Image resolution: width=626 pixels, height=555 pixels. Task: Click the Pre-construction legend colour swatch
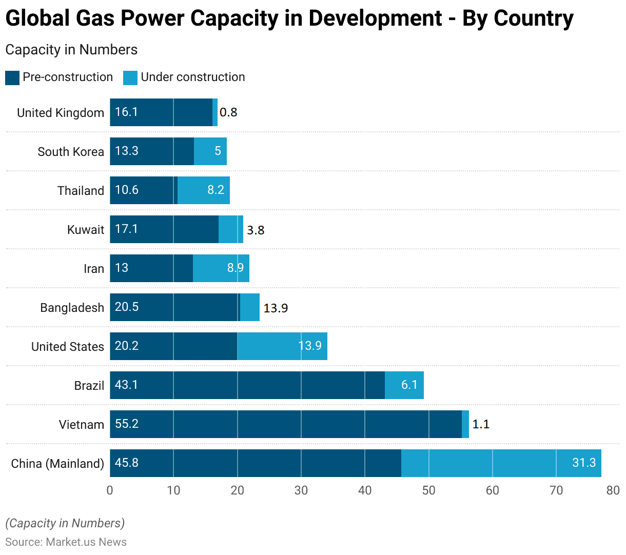pyautogui.click(x=12, y=78)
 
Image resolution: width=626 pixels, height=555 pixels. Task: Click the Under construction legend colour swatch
pyautogui.click(x=130, y=78)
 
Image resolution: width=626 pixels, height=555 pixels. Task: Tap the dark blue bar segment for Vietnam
pyautogui.click(x=286, y=424)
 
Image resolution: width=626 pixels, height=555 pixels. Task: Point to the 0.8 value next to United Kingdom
pyautogui.click(x=228, y=112)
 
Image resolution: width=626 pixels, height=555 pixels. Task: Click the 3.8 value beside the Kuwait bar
pyautogui.click(x=256, y=230)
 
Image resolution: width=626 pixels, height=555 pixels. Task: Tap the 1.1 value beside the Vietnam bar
pyautogui.click(x=481, y=424)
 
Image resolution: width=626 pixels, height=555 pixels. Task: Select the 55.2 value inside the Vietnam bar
pyautogui.click(x=127, y=424)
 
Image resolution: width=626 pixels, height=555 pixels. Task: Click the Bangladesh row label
pyautogui.click(x=72, y=308)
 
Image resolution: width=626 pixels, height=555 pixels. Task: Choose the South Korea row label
pyautogui.click(x=71, y=152)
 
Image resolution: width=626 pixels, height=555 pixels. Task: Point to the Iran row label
pyautogui.click(x=94, y=269)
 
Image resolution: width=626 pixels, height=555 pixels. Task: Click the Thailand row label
pyautogui.click(x=81, y=191)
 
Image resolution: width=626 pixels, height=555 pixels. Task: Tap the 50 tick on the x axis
pyautogui.click(x=428, y=490)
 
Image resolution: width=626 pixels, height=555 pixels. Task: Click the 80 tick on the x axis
pyautogui.click(x=613, y=490)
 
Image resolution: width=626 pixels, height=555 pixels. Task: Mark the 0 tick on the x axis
pyautogui.click(x=110, y=490)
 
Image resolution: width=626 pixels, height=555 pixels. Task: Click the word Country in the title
pyautogui.click(x=534, y=18)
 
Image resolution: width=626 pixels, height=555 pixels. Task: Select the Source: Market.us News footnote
pyautogui.click(x=66, y=542)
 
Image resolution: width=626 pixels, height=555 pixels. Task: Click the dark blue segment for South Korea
pyautogui.click(x=152, y=151)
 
